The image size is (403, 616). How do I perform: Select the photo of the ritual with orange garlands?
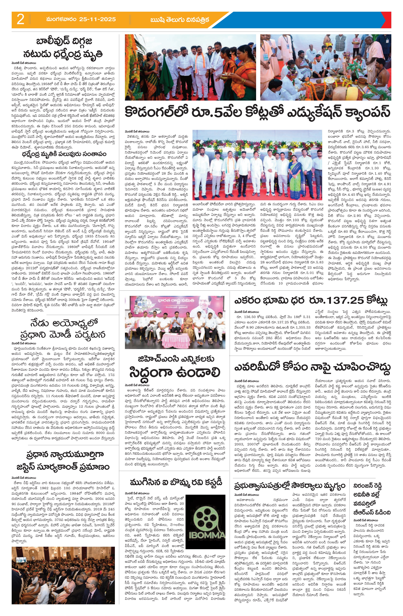coord(326,67)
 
